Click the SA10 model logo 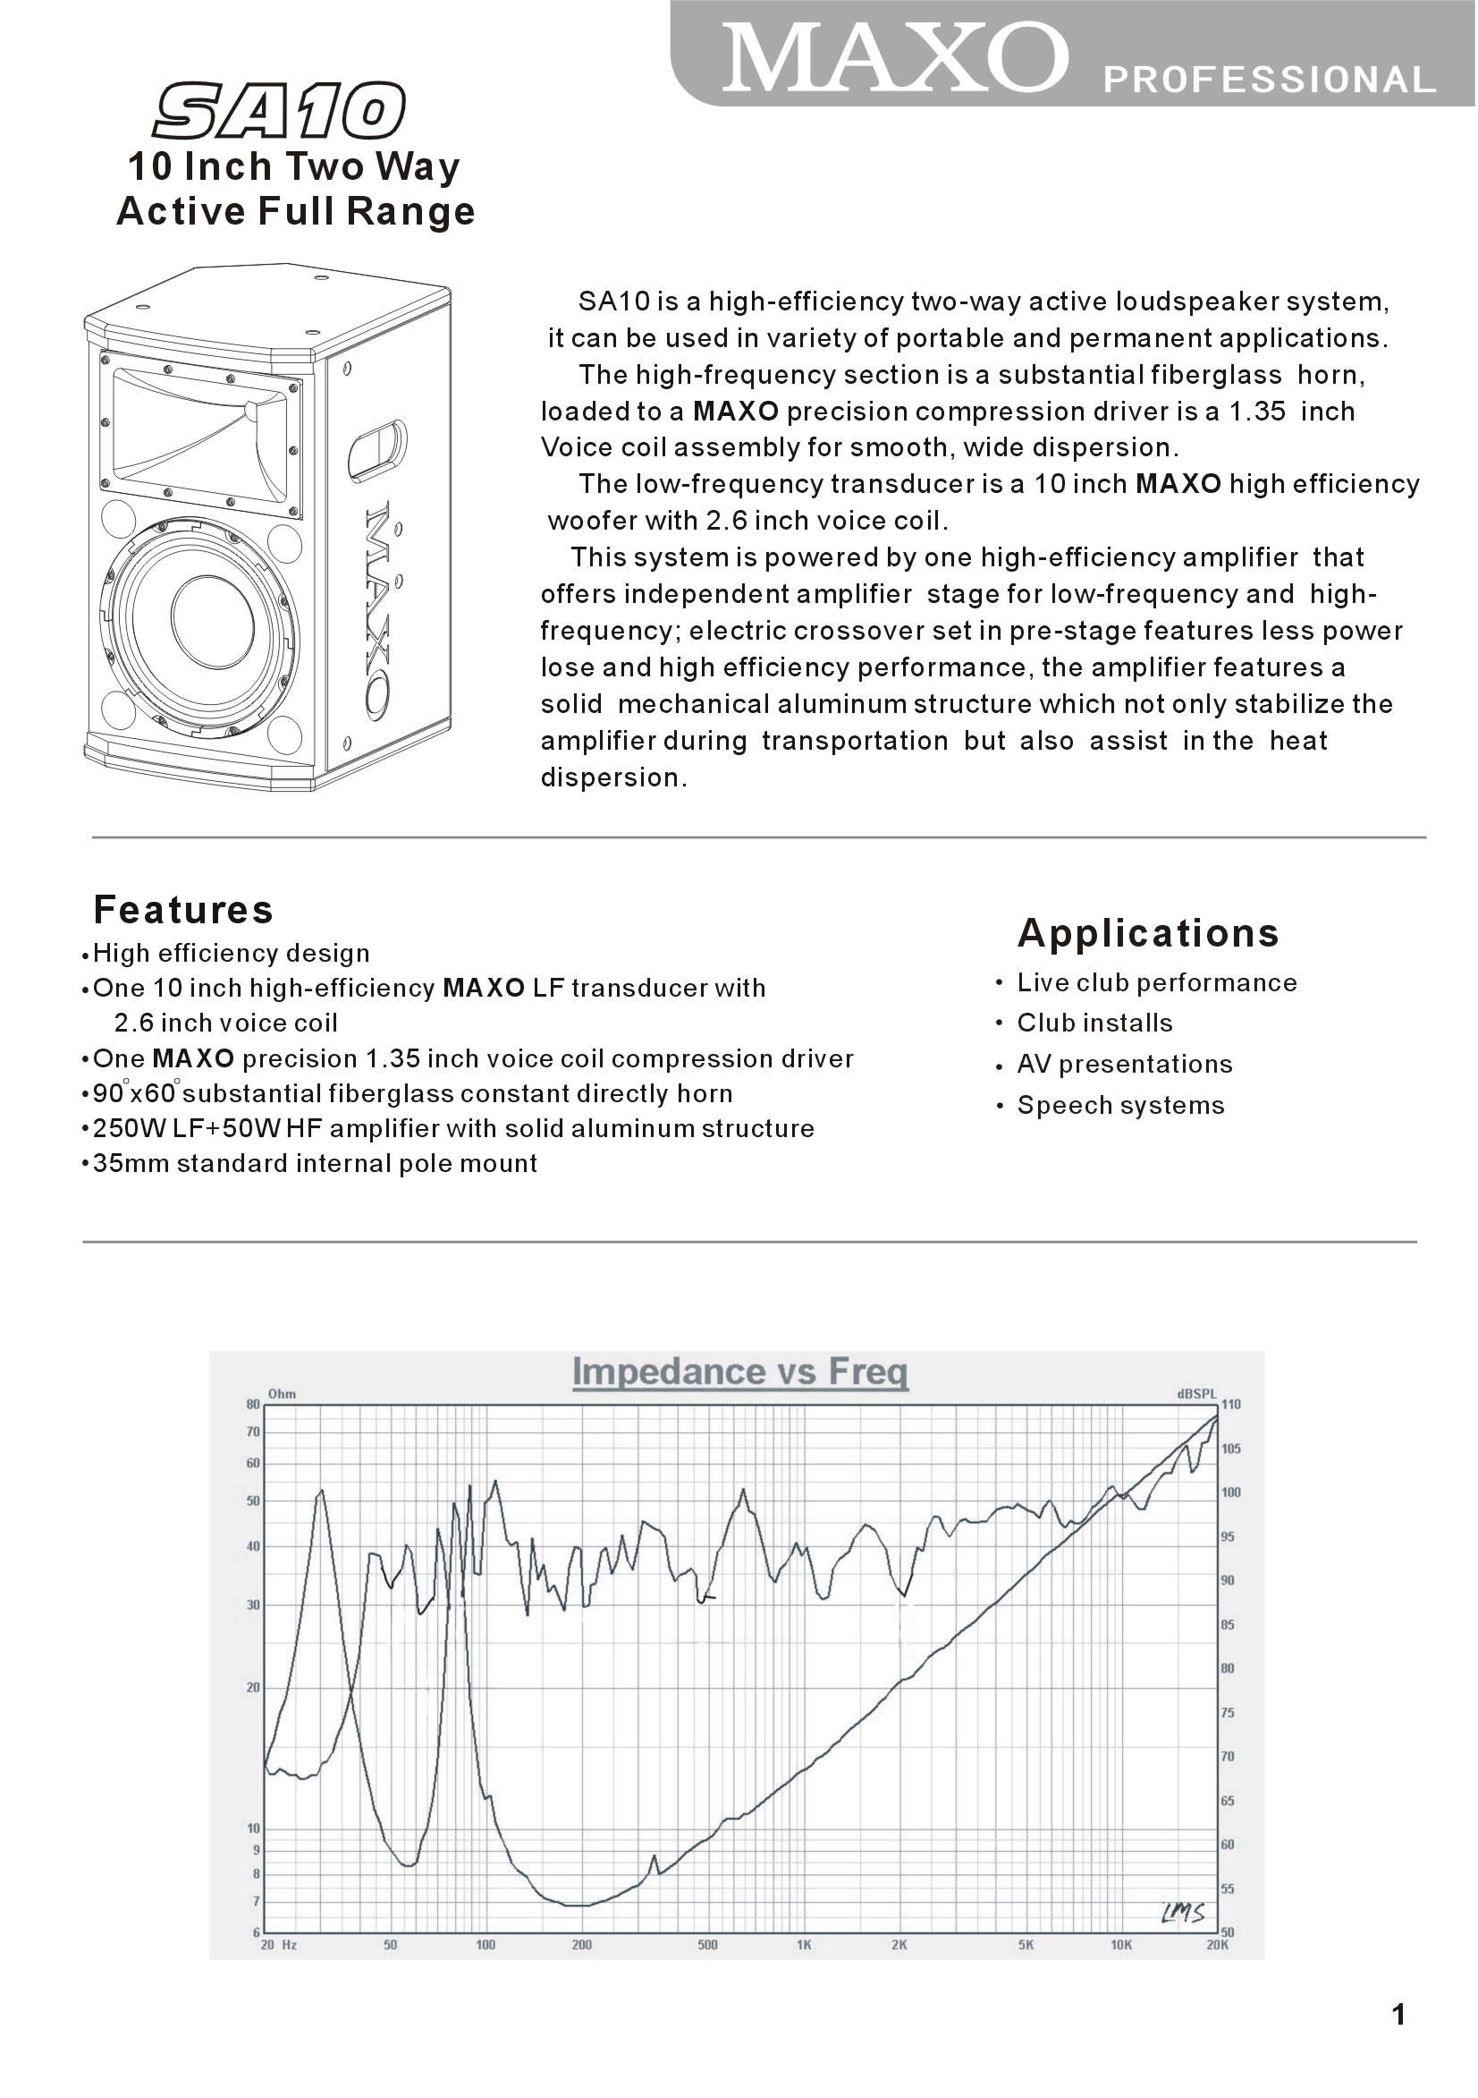click(x=280, y=111)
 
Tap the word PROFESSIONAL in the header click(x=1269, y=81)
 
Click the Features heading click(x=183, y=910)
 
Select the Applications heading click(x=1148, y=933)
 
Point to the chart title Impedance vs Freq click(x=740, y=1372)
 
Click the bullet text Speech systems click(x=1121, y=1106)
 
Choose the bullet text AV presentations click(x=1125, y=1065)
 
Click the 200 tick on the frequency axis click(x=581, y=1945)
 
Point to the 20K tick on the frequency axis click(x=1218, y=1945)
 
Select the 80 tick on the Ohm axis click(x=253, y=1406)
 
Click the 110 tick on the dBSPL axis click(x=1231, y=1406)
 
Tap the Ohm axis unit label click(x=282, y=1395)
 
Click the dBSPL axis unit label click(x=1196, y=1395)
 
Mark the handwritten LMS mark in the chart click(x=1184, y=1913)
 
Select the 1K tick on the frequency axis click(x=804, y=1945)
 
